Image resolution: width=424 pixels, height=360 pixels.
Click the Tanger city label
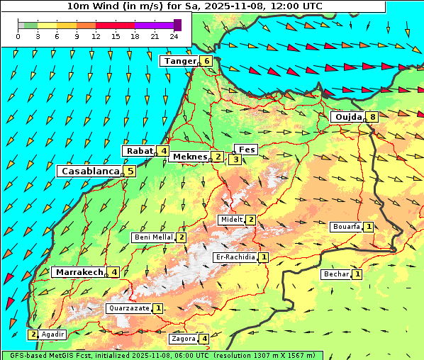179,61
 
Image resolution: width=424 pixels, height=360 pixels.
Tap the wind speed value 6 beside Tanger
206,61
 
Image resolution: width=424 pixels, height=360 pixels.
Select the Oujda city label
347,117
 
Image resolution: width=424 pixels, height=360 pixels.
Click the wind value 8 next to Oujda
372,117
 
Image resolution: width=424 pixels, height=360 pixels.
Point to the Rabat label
139,151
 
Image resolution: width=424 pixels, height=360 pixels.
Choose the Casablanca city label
89,171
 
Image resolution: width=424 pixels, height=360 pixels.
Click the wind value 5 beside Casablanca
130,171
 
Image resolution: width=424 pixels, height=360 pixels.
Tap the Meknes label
189,157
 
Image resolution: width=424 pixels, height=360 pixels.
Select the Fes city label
246,150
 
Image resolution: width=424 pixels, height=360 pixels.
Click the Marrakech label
78,272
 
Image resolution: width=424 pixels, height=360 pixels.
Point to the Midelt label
231,220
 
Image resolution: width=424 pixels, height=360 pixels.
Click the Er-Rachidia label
235,257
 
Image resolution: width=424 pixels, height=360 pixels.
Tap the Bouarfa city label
346,227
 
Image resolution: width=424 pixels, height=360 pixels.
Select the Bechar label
336,274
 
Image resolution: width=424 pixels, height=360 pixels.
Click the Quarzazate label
128,308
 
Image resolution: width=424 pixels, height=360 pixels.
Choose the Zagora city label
183,339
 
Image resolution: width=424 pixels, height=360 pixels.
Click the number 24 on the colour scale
173,36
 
